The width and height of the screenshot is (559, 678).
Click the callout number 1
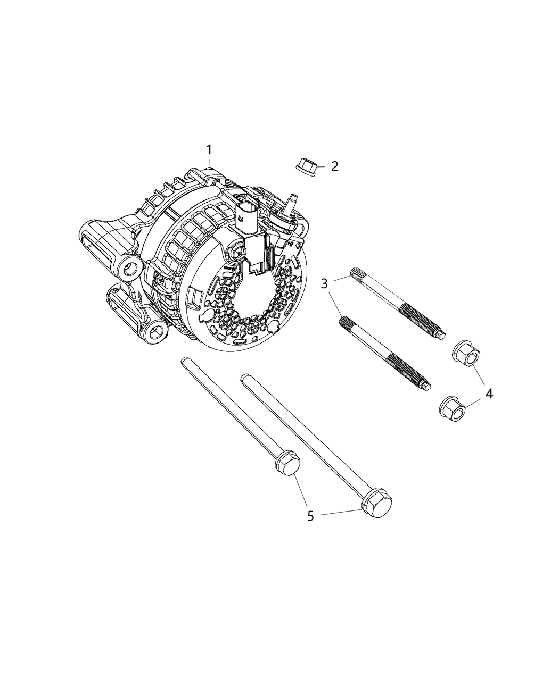[x=209, y=149]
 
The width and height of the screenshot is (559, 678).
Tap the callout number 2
[x=334, y=166]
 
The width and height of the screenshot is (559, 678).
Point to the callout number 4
[x=488, y=394]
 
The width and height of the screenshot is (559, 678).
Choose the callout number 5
[x=311, y=515]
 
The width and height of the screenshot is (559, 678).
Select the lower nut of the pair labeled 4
[x=454, y=407]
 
